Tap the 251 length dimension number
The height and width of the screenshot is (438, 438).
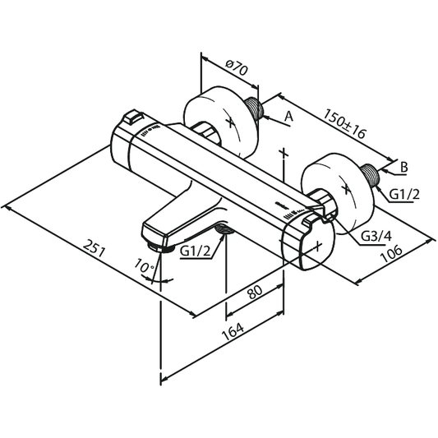pos(95,248)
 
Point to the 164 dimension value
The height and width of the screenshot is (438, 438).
pos(233,331)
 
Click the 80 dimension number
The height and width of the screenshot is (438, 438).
pos(255,293)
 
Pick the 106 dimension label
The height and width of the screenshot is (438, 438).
pos(392,254)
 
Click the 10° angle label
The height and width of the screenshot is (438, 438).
pos(144,266)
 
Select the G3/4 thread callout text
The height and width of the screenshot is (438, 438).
pos(376,237)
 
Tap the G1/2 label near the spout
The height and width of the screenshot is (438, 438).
pos(196,251)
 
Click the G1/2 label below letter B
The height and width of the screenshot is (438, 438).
pos(404,194)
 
